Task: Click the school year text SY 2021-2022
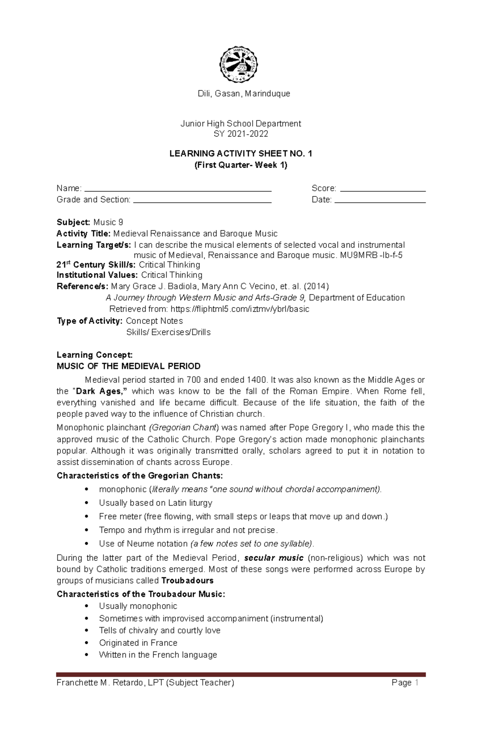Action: click(x=241, y=134)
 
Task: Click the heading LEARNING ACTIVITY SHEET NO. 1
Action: click(x=241, y=153)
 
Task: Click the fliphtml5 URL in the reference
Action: click(x=240, y=309)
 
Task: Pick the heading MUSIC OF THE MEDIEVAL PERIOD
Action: click(x=129, y=366)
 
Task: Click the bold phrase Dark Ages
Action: click(x=98, y=391)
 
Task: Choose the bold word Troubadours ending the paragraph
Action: click(x=187, y=580)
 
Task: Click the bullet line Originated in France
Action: click(x=138, y=643)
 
